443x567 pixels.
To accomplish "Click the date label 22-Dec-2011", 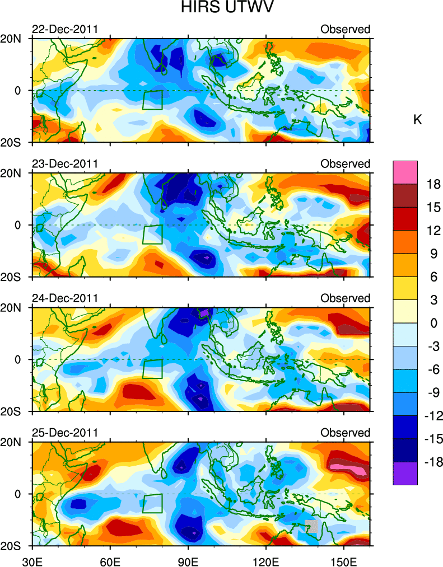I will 65,29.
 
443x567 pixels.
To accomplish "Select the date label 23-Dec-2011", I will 65,163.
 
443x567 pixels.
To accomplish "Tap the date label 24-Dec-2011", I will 65,298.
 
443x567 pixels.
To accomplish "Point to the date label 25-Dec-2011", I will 65,433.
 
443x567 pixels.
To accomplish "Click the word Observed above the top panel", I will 345,29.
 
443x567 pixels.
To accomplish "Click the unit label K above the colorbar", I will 417,120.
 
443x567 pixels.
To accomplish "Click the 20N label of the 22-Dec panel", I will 11,39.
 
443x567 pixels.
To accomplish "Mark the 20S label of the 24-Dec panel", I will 11,411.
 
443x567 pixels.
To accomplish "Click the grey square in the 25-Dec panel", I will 311,526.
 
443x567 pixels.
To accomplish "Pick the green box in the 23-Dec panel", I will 152,234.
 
